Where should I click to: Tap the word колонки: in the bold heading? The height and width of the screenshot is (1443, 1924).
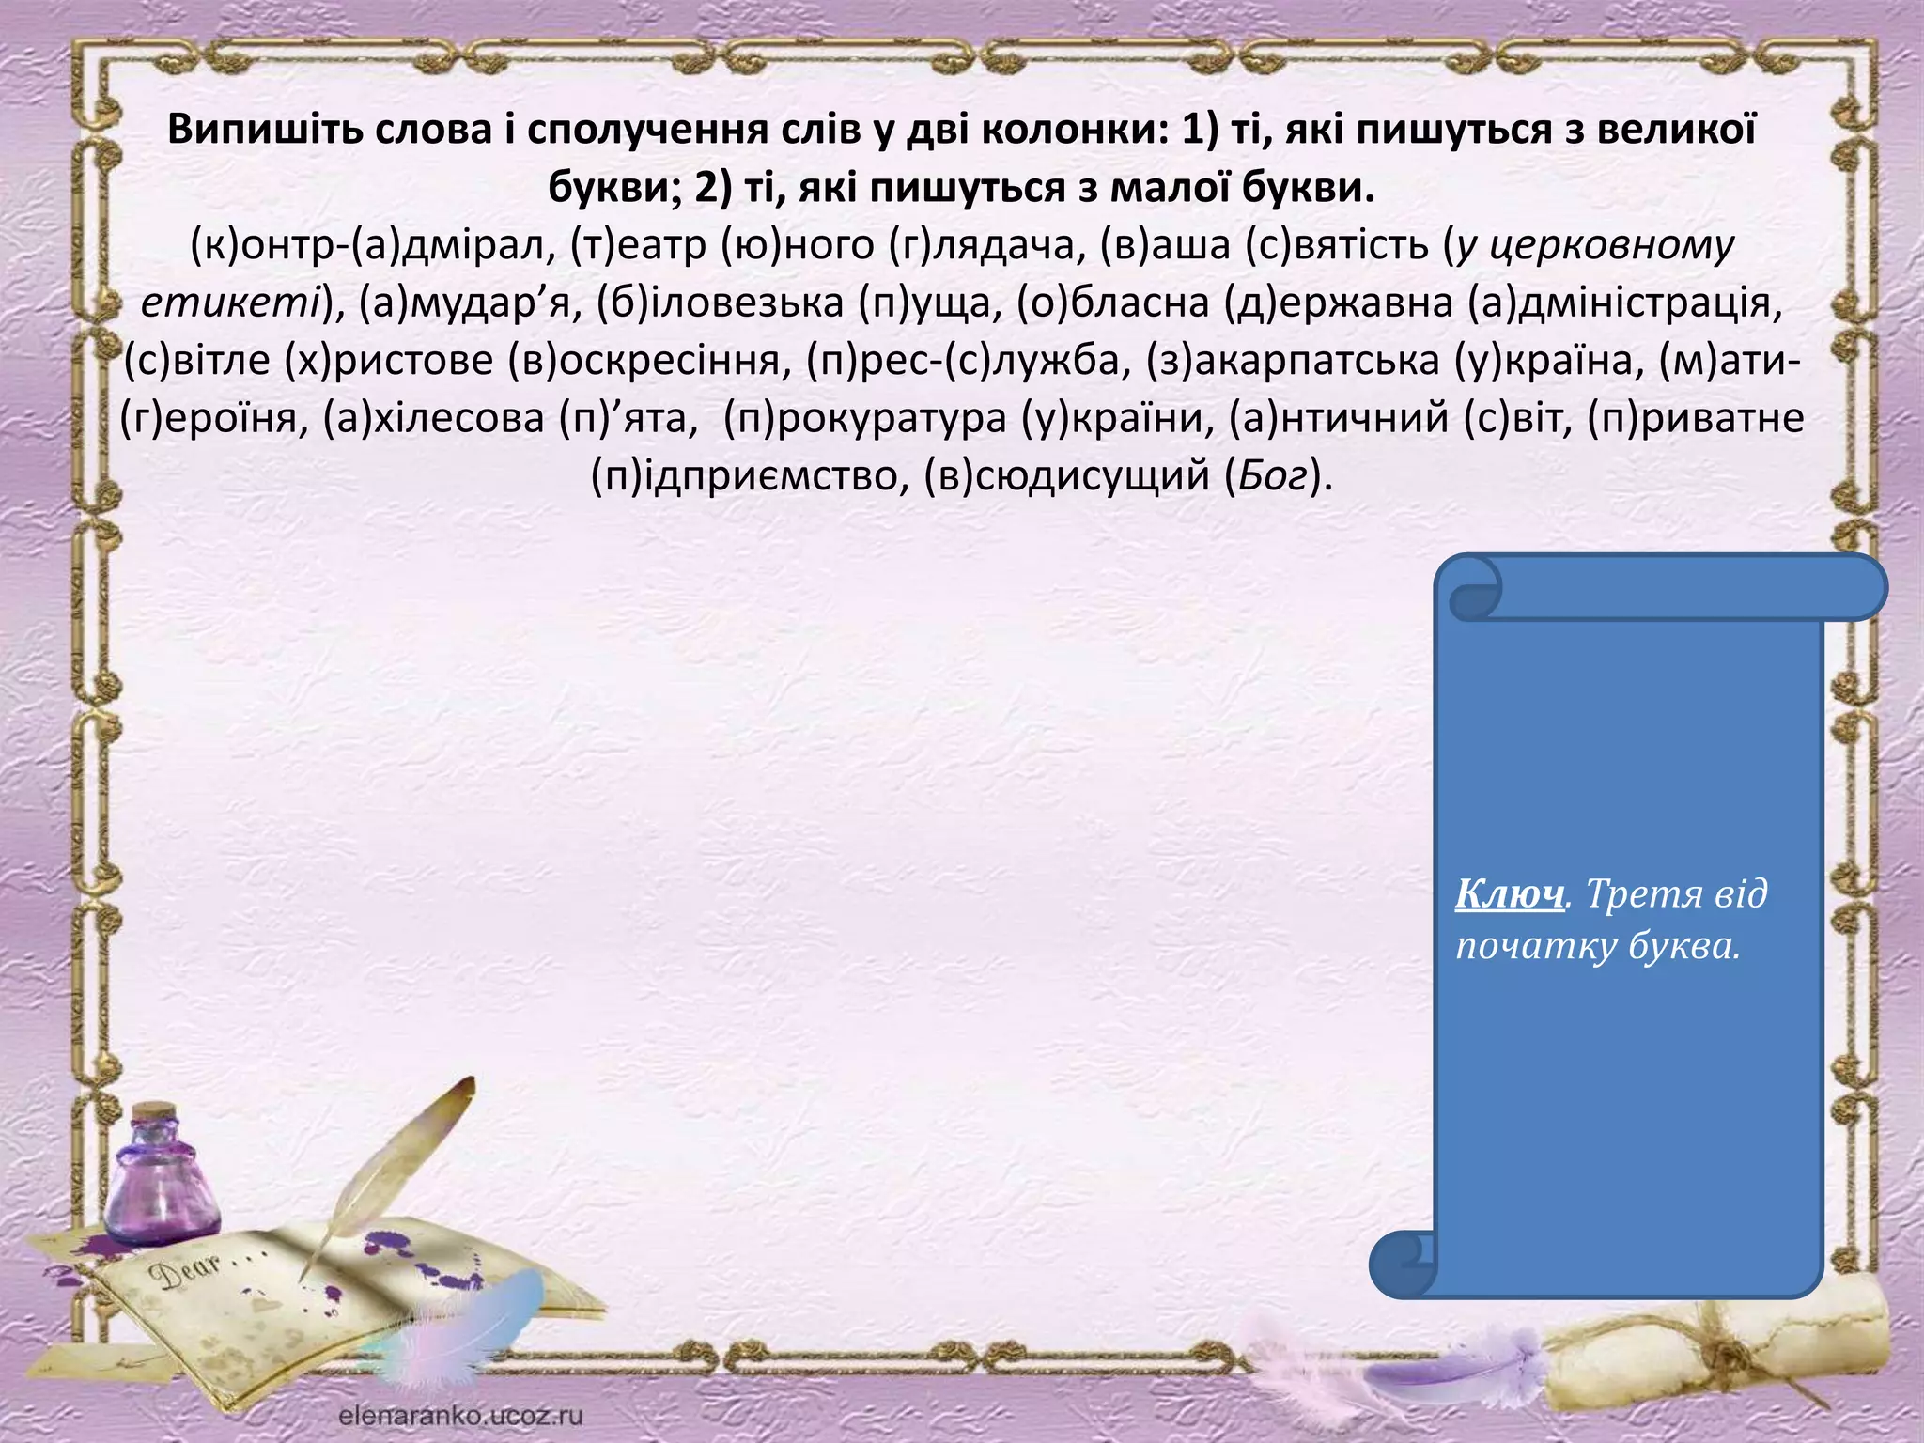point(1071,130)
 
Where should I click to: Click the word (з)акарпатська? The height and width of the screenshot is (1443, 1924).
point(1293,361)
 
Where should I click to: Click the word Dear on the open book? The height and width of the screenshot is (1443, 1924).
point(189,1271)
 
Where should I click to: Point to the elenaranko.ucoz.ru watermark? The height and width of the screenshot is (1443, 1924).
point(460,1415)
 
